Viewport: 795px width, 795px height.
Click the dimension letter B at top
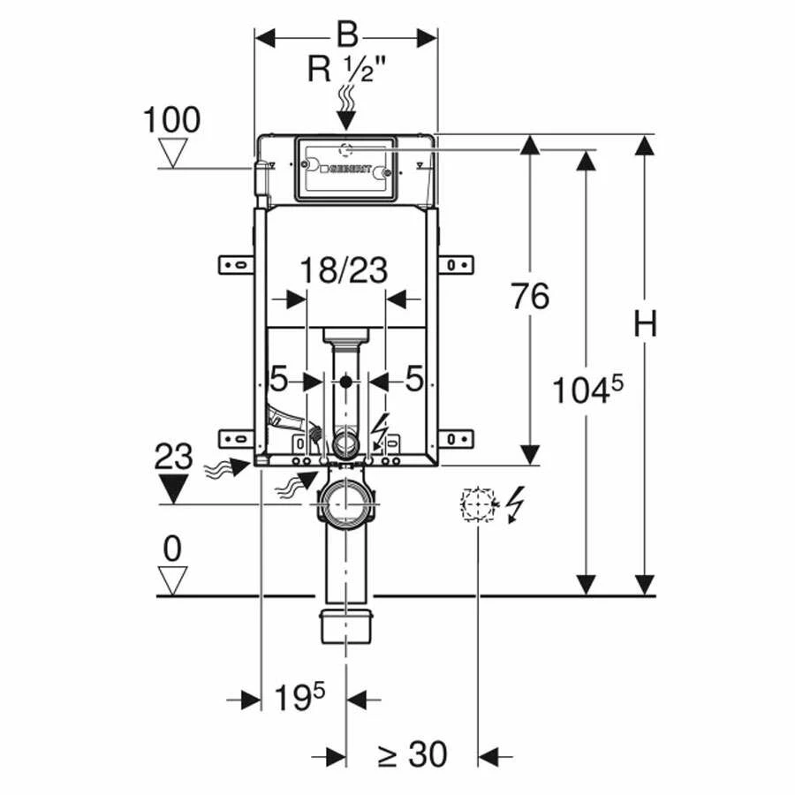[348, 36]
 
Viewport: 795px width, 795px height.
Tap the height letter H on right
[646, 324]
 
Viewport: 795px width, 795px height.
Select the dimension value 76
[529, 297]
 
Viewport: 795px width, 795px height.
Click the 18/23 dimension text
[343, 270]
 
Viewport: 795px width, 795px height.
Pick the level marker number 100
[171, 119]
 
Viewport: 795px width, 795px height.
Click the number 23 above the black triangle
[173, 458]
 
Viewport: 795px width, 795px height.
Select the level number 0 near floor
[172, 549]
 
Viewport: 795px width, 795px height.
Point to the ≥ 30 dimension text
[412, 755]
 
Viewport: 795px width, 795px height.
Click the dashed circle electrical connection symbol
[477, 504]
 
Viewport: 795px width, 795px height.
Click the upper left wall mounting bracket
[236, 263]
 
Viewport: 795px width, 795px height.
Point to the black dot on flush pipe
[345, 382]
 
